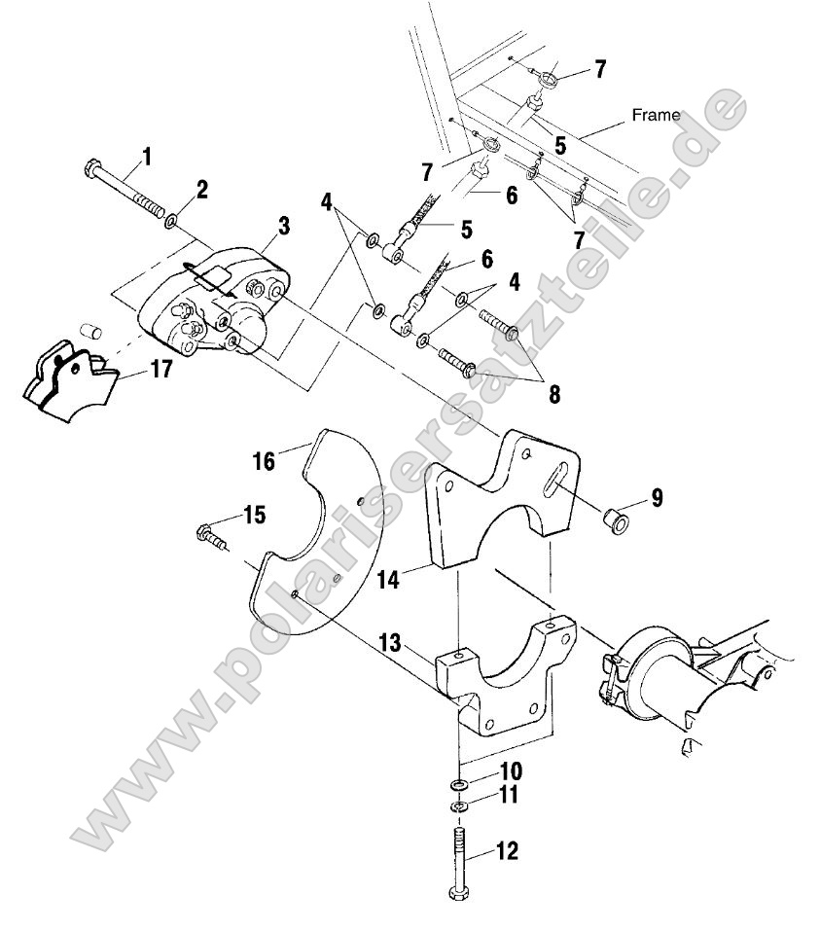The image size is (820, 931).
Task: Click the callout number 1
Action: pyautogui.click(x=147, y=155)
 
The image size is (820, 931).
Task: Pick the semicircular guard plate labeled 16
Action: pyautogui.click(x=292, y=545)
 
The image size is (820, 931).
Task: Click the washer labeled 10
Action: pyautogui.click(x=458, y=783)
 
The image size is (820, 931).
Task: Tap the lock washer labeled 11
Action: pyautogui.click(x=458, y=806)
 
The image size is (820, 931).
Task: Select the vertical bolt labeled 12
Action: pyautogui.click(x=458, y=856)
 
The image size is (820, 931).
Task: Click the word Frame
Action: pyautogui.click(x=656, y=115)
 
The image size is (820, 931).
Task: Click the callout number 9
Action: pyautogui.click(x=658, y=498)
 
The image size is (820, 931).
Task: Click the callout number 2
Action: pyautogui.click(x=202, y=190)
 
